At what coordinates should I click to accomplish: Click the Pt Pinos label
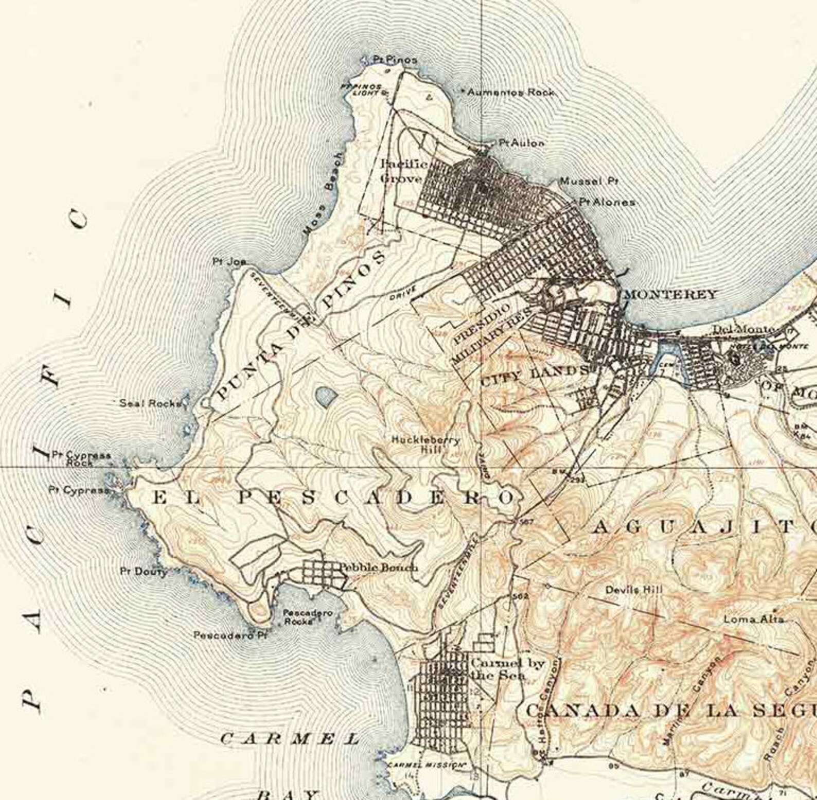pyautogui.click(x=395, y=60)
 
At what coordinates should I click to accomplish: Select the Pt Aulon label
pyautogui.click(x=521, y=143)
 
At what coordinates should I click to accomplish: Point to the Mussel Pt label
pyautogui.click(x=589, y=181)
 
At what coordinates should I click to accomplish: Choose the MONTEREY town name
pyautogui.click(x=670, y=295)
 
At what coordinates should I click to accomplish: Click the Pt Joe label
pyautogui.click(x=229, y=261)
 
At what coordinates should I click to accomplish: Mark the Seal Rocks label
pyautogui.click(x=150, y=403)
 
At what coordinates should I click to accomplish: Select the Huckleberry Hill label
pyautogui.click(x=425, y=445)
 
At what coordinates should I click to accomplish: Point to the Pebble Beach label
pyautogui.click(x=378, y=567)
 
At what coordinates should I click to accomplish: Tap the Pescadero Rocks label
pyautogui.click(x=307, y=617)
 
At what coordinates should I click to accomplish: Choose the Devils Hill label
pyautogui.click(x=633, y=590)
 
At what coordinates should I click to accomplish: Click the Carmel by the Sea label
pyautogui.click(x=507, y=669)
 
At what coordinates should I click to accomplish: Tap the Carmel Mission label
pyautogui.click(x=426, y=765)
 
